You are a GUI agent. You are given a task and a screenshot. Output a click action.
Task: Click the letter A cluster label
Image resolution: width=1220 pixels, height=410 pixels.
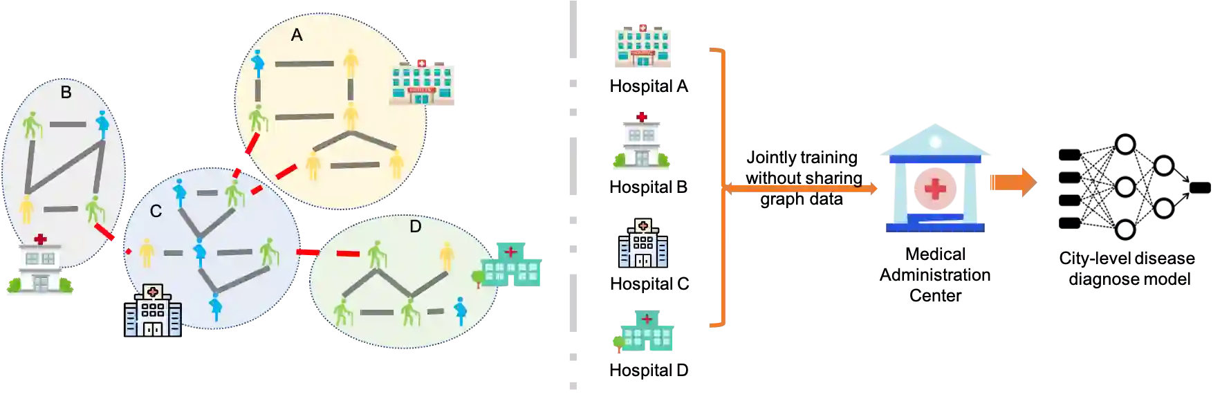coord(297,35)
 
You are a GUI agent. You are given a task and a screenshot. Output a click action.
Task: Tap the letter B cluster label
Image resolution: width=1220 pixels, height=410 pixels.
coord(66,92)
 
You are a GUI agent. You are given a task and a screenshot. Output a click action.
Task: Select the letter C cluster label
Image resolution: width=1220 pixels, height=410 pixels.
coord(156,211)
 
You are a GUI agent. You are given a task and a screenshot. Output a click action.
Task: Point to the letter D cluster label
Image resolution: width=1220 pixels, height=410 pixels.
coord(416,226)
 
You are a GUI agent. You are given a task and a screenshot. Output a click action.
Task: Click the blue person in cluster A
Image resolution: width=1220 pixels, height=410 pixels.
coord(258,64)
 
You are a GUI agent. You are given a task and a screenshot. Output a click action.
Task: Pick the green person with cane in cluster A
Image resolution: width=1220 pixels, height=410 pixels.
coord(258,118)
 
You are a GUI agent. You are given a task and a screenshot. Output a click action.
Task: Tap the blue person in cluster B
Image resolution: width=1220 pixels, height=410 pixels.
coord(103,124)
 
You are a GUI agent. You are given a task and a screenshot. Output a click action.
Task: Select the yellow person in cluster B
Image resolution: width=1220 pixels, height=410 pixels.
coord(26,209)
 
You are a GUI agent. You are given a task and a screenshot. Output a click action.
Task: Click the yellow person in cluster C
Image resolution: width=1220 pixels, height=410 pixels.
coord(146,252)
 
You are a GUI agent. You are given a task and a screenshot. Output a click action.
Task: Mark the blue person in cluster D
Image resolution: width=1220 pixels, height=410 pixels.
coord(460,311)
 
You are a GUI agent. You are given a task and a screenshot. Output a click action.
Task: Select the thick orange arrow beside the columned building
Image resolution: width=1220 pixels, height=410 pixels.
coord(1013,183)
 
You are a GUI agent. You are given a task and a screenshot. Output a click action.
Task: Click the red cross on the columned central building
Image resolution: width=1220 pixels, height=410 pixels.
coord(935,188)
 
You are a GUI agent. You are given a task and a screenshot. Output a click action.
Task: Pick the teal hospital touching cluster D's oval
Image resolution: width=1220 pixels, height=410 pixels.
coord(511,263)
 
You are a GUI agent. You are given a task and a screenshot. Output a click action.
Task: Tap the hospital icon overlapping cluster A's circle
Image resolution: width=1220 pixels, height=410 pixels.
coord(424,84)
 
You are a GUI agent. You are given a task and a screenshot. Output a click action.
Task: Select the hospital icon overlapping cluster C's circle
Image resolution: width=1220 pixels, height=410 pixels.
coord(153,310)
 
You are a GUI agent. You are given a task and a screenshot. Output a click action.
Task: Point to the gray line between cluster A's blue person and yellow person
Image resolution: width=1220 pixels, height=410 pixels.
coord(304,64)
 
